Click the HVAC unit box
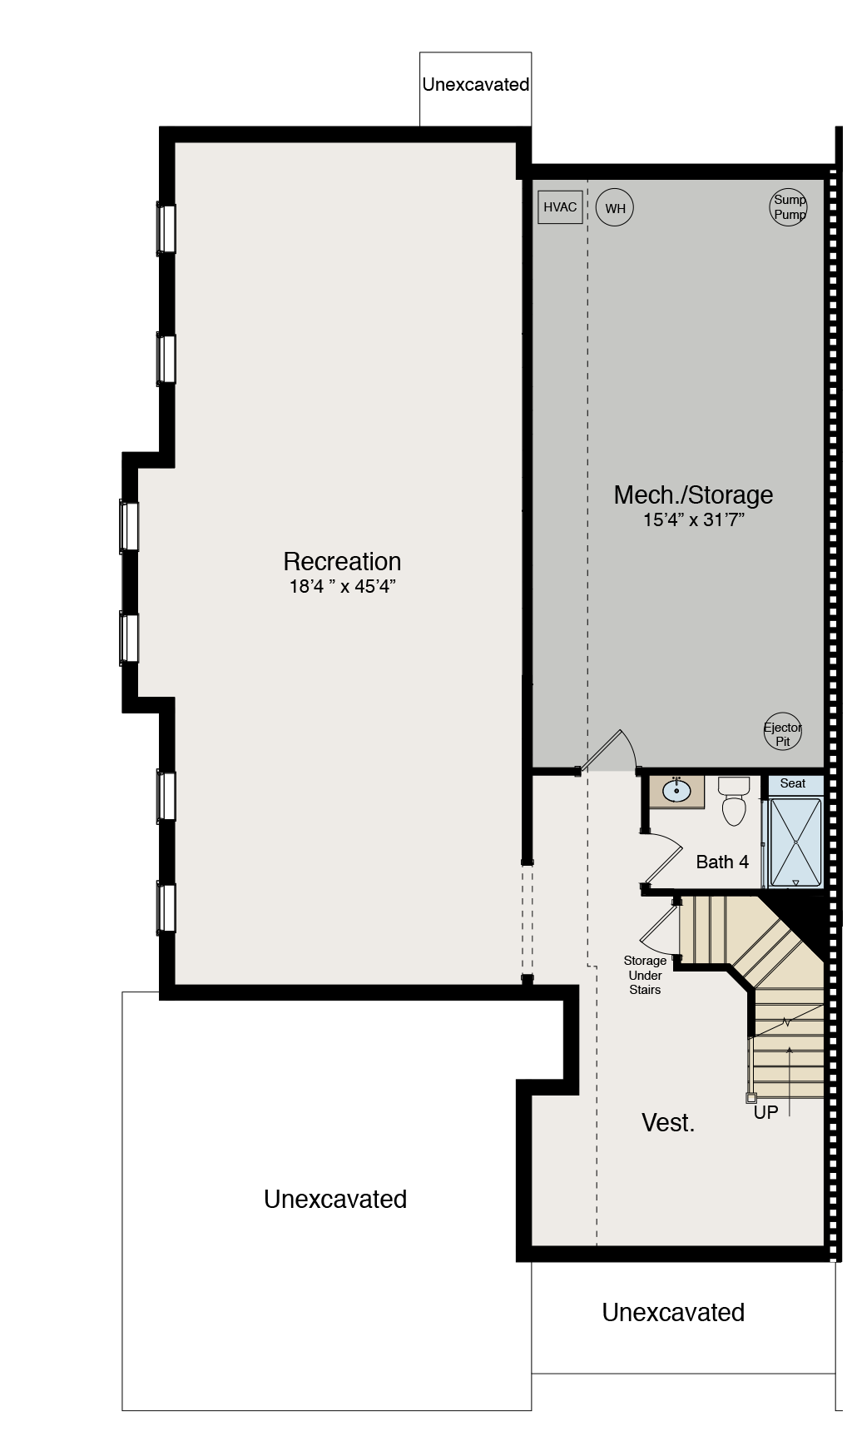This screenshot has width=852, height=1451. [560, 207]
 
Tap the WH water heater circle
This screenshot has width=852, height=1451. [615, 208]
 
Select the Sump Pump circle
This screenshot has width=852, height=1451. [788, 207]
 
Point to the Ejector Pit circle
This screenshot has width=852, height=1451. [782, 733]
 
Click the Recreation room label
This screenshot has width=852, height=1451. [342, 561]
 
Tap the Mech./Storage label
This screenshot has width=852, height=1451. [693, 494]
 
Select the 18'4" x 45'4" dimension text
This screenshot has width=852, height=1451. [342, 586]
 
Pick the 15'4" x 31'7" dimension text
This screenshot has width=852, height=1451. [693, 520]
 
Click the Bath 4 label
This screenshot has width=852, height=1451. [722, 862]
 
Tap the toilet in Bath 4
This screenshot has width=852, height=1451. [734, 801]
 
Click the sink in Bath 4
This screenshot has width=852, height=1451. [676, 791]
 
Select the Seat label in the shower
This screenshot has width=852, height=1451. [793, 783]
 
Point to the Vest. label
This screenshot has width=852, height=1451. [668, 1123]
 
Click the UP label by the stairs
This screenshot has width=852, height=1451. [765, 1112]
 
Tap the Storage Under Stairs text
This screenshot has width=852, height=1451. [645, 975]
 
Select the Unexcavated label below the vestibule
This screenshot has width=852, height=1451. [673, 1313]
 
